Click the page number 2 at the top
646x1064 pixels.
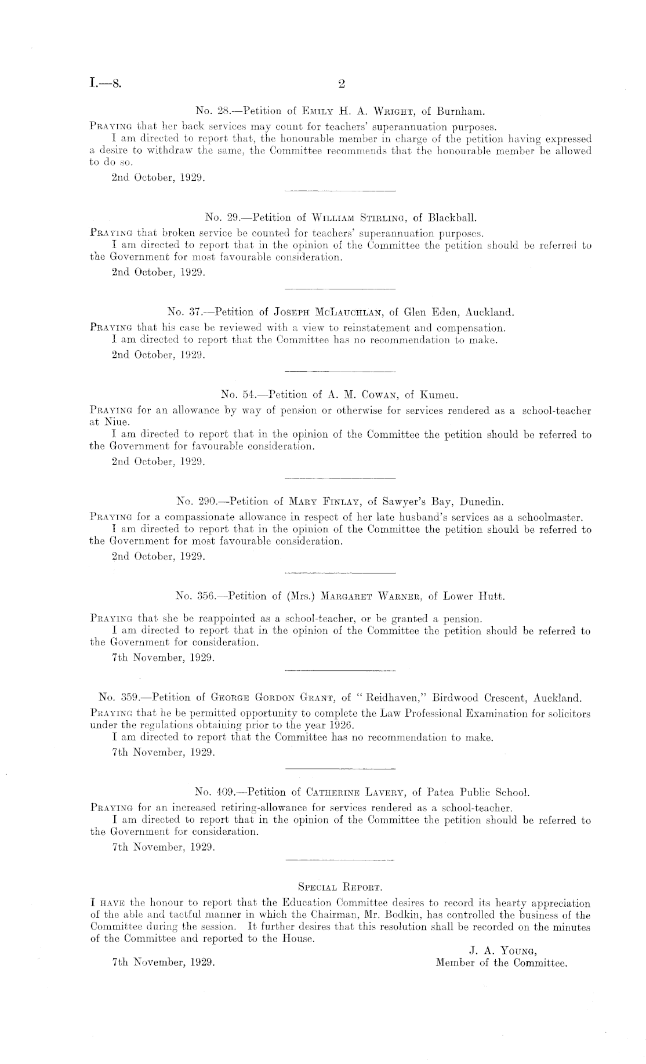click(x=341, y=84)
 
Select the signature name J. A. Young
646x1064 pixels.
click(x=503, y=950)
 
